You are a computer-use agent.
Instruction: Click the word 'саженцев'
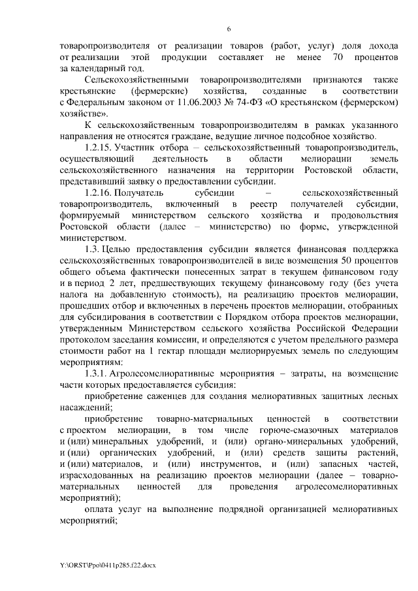point(167,396)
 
